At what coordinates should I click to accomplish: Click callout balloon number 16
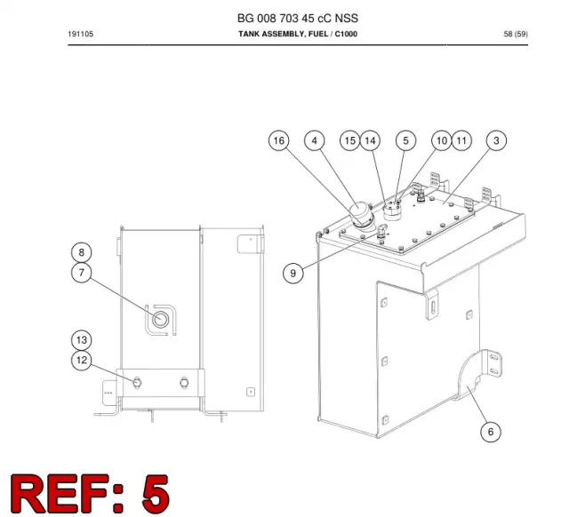point(278,140)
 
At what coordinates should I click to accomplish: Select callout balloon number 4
point(314,140)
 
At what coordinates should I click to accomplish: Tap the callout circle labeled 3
point(496,140)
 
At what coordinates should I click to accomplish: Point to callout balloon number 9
point(293,273)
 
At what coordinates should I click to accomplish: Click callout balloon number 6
point(491,432)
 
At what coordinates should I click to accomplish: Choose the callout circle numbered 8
point(81,252)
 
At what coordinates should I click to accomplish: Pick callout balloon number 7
point(81,273)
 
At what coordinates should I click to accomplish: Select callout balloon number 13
point(81,340)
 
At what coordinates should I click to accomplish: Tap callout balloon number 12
point(81,360)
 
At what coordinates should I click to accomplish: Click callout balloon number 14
point(370,140)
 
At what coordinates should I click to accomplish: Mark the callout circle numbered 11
point(461,140)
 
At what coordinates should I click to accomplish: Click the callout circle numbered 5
point(405,140)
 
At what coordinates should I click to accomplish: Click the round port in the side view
point(160,320)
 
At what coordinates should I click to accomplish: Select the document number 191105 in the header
point(81,34)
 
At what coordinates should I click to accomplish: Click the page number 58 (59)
point(516,34)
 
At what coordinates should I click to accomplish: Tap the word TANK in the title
point(249,34)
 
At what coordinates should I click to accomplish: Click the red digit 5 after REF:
point(155,493)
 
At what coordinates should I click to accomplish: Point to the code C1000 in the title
point(346,34)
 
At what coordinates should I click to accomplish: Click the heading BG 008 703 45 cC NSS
point(298,18)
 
